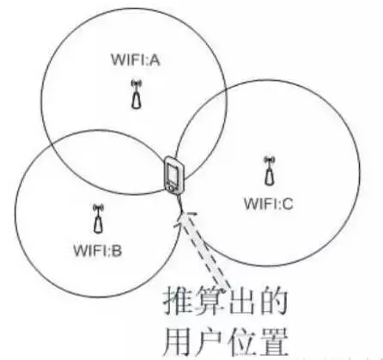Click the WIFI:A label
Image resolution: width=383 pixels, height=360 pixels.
(136, 60)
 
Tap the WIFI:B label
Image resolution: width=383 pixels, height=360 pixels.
(98, 250)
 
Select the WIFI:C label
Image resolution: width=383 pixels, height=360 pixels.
(269, 204)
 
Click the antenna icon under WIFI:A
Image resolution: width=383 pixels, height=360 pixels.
(137, 95)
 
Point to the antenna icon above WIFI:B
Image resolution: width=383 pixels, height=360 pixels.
(99, 218)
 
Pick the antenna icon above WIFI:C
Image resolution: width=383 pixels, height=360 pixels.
(269, 171)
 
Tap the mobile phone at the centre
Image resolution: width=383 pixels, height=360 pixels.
(174, 175)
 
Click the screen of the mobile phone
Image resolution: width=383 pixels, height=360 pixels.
(174, 174)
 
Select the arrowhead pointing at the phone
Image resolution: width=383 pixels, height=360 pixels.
(185, 219)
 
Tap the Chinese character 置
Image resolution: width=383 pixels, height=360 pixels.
(272, 342)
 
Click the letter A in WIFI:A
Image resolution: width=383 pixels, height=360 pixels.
(155, 60)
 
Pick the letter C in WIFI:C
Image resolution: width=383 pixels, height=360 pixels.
(287, 204)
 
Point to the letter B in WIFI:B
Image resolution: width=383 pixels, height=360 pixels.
(117, 250)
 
